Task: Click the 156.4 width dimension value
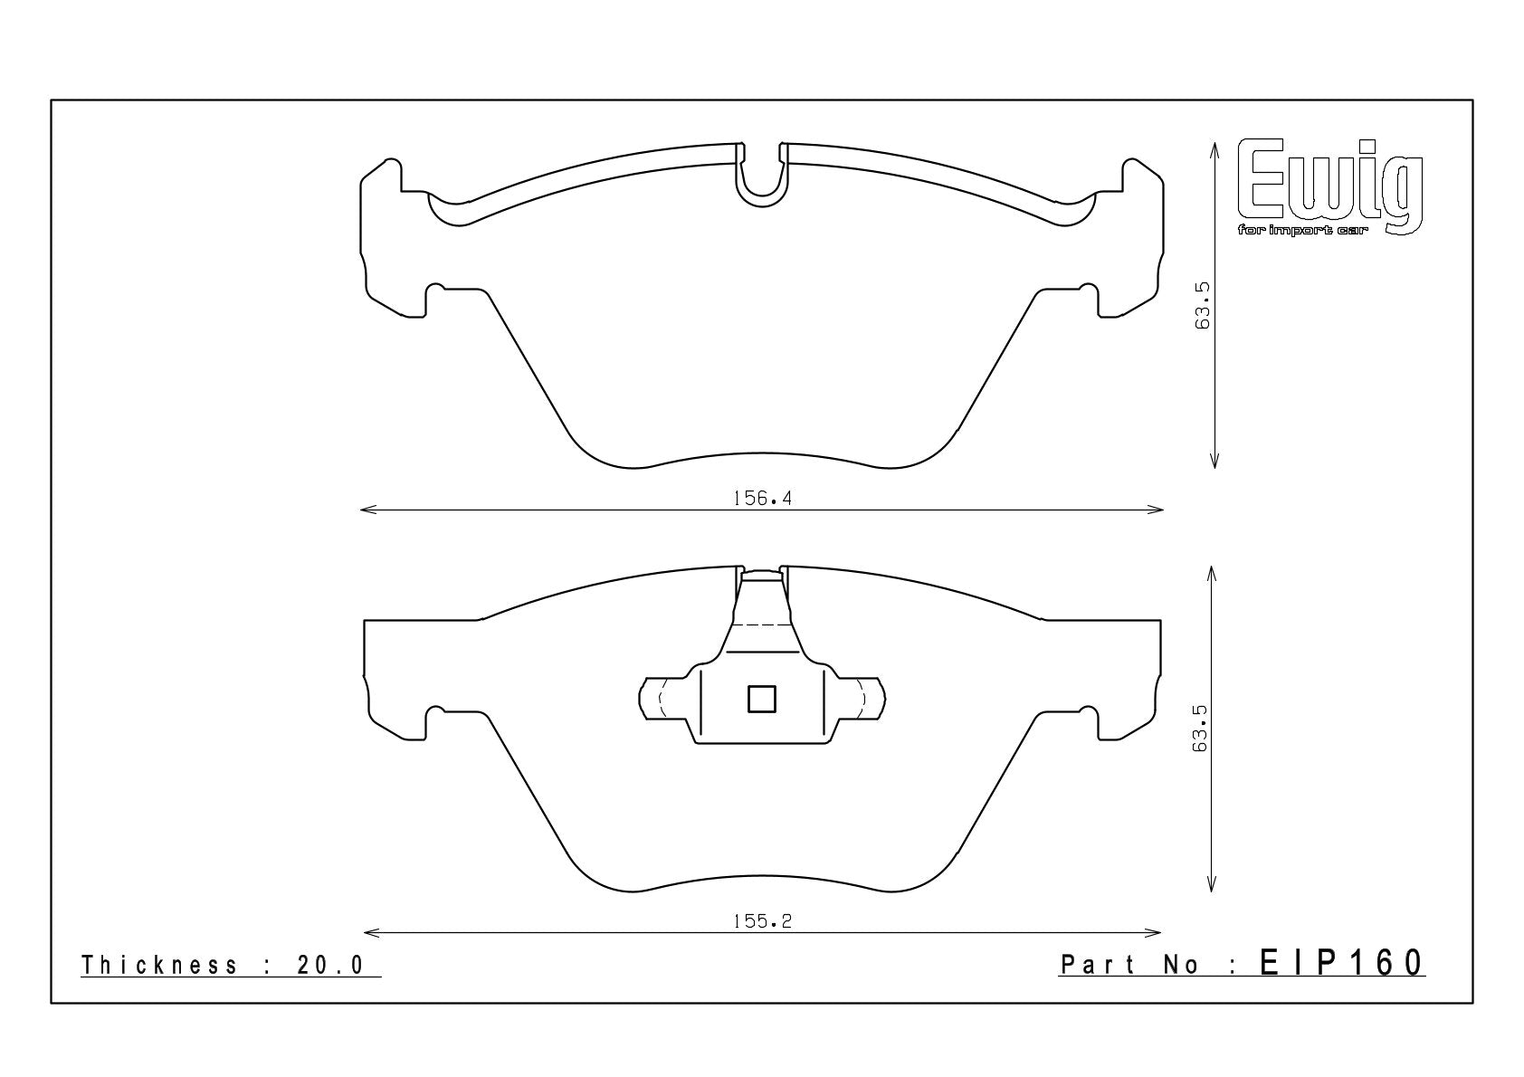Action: [762, 499]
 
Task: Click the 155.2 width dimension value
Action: [762, 922]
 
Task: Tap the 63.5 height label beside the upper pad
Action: [1202, 306]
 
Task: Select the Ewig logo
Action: [1329, 185]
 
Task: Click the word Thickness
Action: [159, 966]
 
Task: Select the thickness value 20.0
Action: [330, 966]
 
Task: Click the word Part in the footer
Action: [1098, 965]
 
